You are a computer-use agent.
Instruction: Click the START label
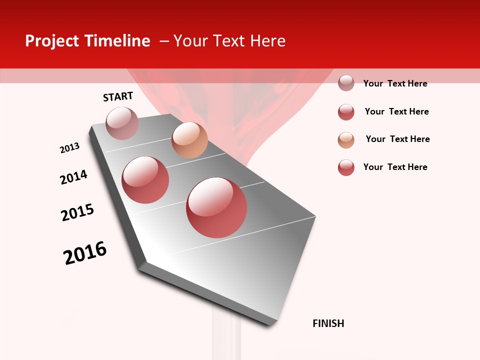pos(118,96)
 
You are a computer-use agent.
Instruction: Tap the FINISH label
pos(328,323)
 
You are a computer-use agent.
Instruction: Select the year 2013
pos(69,148)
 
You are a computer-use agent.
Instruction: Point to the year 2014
pos(73,177)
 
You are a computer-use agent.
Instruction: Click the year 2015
pos(77,212)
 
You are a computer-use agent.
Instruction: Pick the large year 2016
pos(85,253)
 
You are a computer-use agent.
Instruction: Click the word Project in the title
pos(52,41)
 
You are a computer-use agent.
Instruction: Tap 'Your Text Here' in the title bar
pos(229,41)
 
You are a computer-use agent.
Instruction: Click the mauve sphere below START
pos(122,123)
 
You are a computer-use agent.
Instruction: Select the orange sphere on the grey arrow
pos(189,140)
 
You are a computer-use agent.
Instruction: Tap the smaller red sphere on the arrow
pos(145,180)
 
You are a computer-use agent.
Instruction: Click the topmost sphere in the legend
pos(346,83)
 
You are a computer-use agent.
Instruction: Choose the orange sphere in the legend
pos(346,140)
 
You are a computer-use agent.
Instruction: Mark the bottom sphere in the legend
pos(346,167)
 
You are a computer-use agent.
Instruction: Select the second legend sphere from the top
pos(346,112)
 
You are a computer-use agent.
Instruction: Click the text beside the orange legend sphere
pos(397,139)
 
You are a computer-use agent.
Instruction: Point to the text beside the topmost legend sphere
pos(395,83)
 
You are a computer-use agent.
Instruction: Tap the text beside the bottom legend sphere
pos(395,167)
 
